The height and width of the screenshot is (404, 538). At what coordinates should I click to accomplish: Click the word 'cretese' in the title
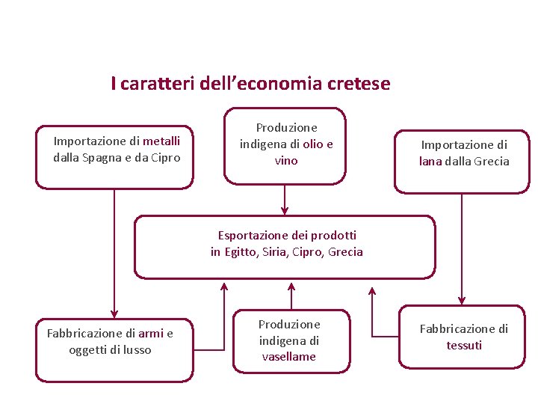[358, 84]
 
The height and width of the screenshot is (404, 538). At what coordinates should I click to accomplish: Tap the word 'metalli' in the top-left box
[161, 141]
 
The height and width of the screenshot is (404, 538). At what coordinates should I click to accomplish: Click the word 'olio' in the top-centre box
[312, 144]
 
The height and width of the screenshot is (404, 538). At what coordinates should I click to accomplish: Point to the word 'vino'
[286, 160]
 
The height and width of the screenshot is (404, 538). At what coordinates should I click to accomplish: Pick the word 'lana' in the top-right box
[430, 161]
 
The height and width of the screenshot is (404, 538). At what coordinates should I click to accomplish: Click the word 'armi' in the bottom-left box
[150, 333]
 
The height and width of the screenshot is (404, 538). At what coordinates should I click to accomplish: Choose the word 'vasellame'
[288, 356]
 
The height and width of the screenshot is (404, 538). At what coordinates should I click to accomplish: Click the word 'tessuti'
[464, 345]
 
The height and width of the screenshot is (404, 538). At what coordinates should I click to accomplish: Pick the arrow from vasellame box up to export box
[291, 295]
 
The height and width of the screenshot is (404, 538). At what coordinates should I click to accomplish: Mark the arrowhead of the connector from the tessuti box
[371, 290]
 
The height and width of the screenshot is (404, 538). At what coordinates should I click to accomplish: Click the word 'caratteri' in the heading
[157, 84]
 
